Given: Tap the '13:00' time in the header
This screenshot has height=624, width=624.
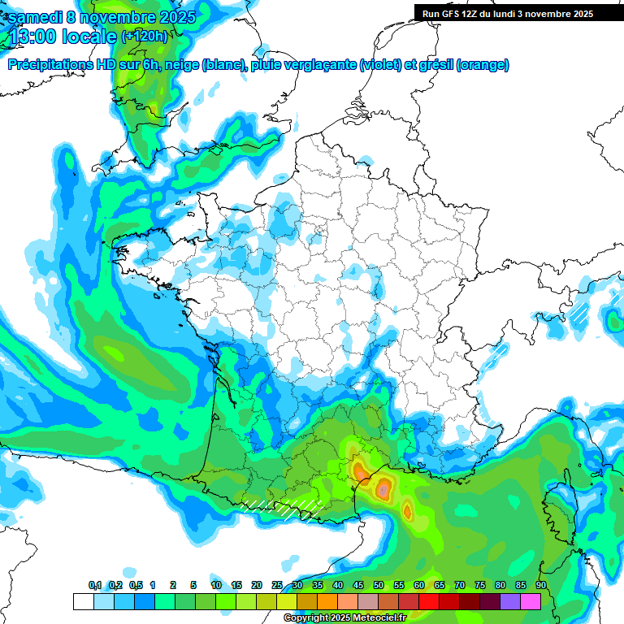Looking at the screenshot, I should (x=35, y=37).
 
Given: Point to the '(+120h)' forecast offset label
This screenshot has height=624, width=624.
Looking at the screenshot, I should (x=145, y=36).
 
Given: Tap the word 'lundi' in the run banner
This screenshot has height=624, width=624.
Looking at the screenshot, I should (x=501, y=14).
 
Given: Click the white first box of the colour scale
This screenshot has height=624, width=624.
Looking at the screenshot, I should (x=83, y=601).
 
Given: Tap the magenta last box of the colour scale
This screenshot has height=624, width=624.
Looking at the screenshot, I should (x=530, y=601).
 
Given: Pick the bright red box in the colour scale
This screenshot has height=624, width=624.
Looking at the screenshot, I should (x=428, y=601).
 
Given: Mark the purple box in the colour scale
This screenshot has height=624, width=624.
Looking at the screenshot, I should (x=509, y=601).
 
